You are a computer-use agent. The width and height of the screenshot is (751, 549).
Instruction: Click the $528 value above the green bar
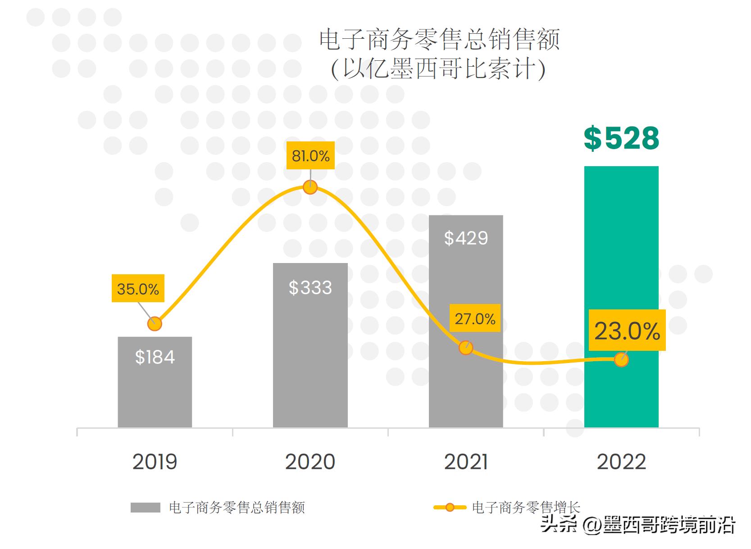(x=621, y=138)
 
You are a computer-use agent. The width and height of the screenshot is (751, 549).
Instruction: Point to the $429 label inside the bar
(x=466, y=238)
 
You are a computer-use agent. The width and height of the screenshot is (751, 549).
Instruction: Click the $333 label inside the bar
(x=310, y=288)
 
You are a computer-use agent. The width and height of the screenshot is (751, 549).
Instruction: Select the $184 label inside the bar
(x=155, y=357)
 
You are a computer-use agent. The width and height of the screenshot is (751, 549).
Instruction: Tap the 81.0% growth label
(x=310, y=156)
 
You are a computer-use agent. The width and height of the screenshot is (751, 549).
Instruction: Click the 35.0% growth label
(x=138, y=289)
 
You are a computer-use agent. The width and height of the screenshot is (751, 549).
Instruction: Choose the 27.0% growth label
(x=475, y=319)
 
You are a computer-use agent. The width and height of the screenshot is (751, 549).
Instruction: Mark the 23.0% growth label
(x=627, y=331)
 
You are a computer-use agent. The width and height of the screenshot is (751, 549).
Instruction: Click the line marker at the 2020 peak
(x=310, y=187)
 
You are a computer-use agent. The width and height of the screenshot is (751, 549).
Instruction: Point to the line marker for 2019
(x=155, y=324)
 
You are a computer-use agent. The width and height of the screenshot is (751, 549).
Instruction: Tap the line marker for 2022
(x=621, y=359)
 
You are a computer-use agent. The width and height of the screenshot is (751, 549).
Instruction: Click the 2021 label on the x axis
(x=466, y=462)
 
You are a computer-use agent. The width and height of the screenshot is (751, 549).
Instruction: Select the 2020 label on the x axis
(x=310, y=462)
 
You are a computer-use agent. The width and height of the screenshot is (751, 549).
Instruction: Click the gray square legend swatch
(x=145, y=508)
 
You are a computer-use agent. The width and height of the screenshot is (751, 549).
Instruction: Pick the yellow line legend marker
(x=450, y=508)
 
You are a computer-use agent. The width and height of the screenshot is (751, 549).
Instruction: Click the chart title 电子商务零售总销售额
(x=439, y=40)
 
